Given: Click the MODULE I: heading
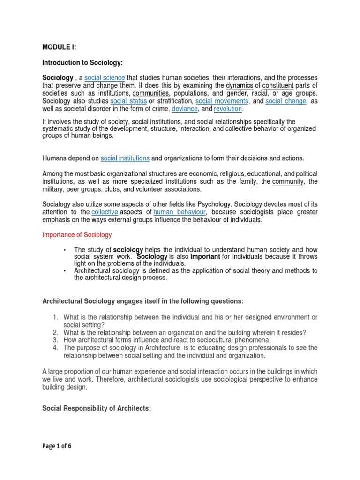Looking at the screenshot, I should [59, 47].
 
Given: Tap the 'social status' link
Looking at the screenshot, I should [128, 101].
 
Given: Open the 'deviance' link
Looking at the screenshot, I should [185, 109].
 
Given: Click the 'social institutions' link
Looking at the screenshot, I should [125, 158].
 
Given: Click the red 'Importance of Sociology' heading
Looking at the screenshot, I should [77, 234].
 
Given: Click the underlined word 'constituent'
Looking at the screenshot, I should [278, 85].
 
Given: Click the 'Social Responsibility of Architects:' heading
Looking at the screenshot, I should [97, 408].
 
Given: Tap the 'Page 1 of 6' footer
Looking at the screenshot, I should [57, 446].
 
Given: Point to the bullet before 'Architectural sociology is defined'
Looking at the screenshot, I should [64, 271].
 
